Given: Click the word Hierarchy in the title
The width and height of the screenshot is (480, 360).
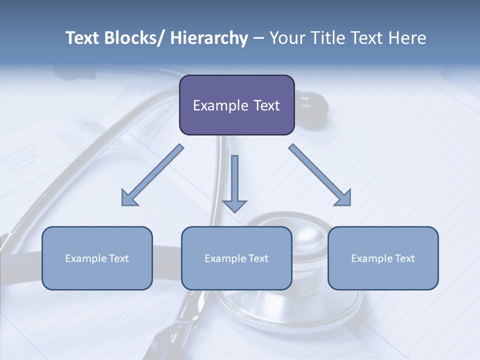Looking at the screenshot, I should pos(209,38).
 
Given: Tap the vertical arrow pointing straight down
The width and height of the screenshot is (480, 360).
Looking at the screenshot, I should pos(234,180).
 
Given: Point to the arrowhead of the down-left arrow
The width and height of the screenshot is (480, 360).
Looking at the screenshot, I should pos(129,198).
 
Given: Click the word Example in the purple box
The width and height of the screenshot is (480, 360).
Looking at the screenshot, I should pos(219,105).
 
